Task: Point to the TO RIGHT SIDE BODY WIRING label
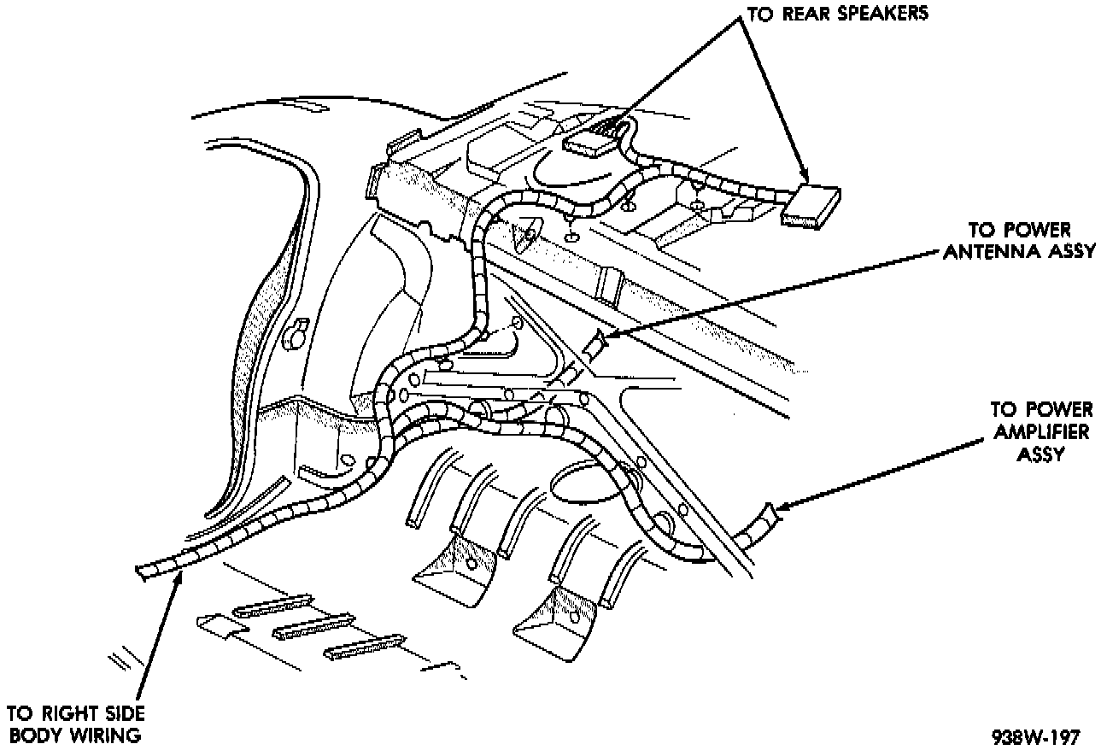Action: (76, 724)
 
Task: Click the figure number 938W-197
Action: (1036, 736)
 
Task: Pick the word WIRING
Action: (108, 735)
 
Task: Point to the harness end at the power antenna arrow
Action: (594, 345)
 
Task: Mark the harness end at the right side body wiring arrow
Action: (145, 571)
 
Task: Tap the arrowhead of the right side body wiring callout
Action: (178, 581)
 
